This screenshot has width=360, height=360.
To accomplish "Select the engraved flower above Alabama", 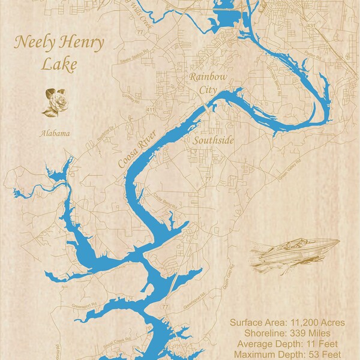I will click(55, 102).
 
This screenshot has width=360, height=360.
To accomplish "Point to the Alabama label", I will click(55, 133).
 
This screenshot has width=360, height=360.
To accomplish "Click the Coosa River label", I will click(133, 149).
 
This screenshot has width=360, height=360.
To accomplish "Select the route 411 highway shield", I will click(151, 110).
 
